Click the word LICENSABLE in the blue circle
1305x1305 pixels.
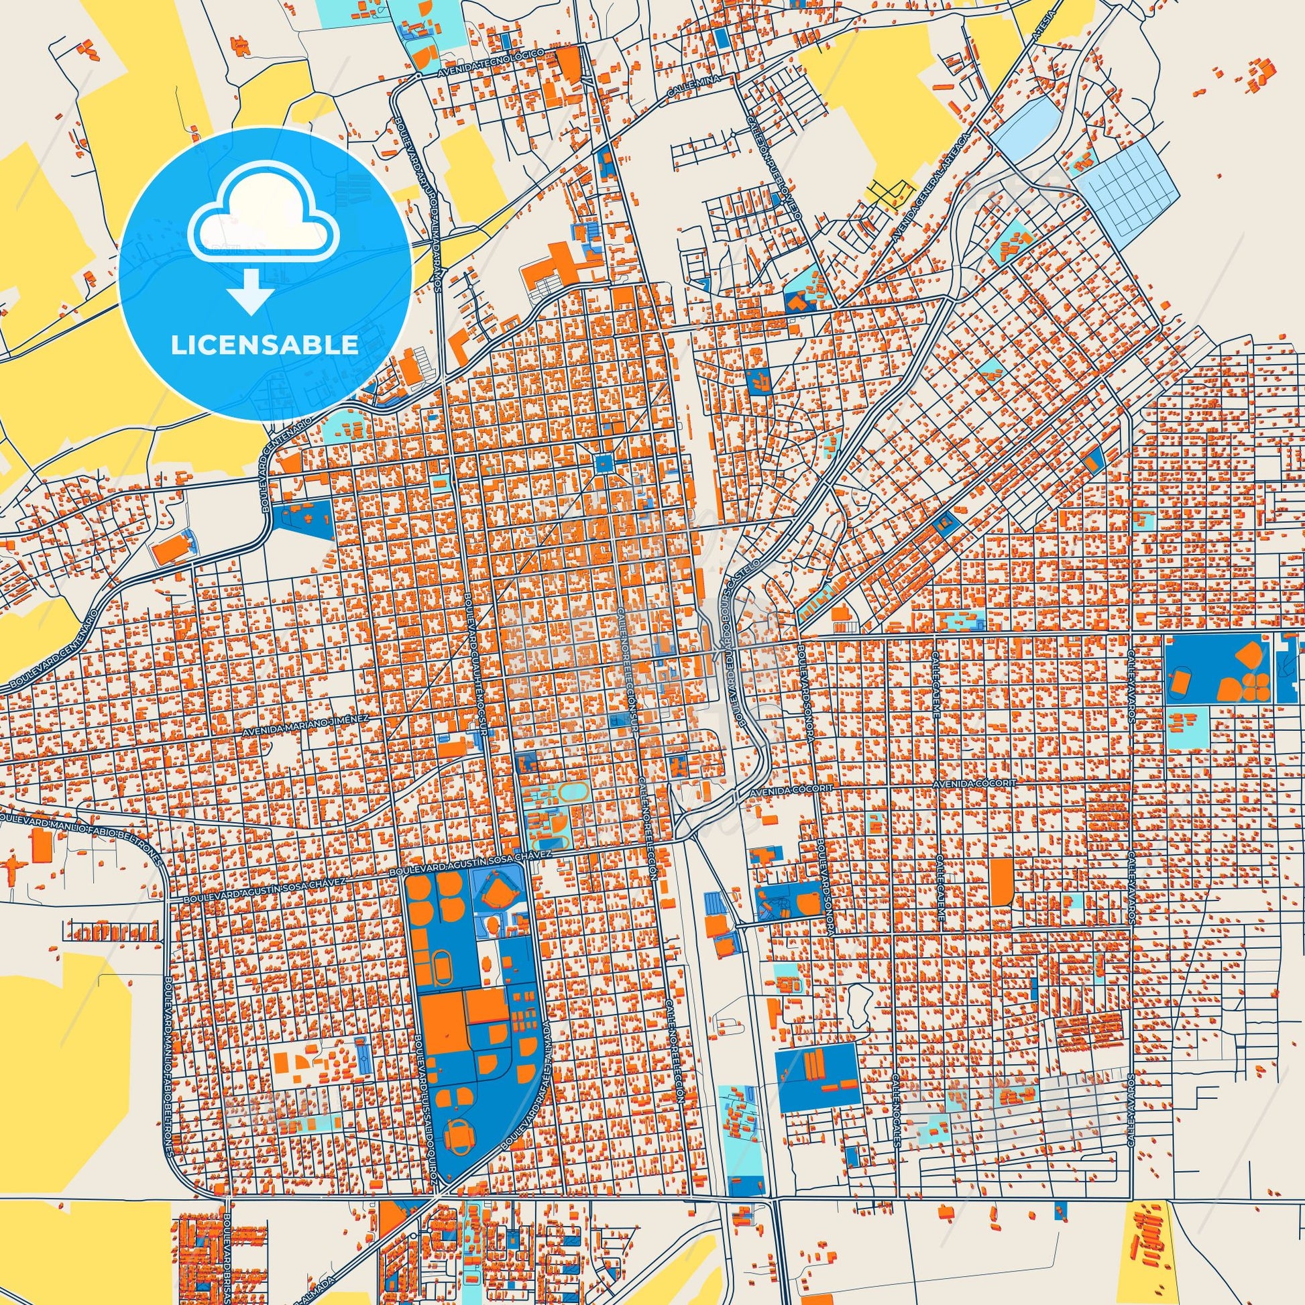point(265,344)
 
